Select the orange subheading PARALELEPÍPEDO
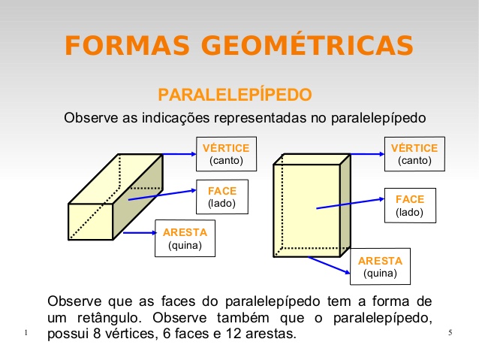coord(234,95)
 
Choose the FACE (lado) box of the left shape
coord(221,197)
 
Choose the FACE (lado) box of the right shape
coord(410,205)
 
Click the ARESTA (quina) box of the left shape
coord(185,237)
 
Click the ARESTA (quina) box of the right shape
coord(381,266)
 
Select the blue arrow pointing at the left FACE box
coord(161,195)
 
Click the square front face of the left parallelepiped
coord(89,221)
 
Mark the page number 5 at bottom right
coord(449,333)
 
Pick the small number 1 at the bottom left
coord(26,333)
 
